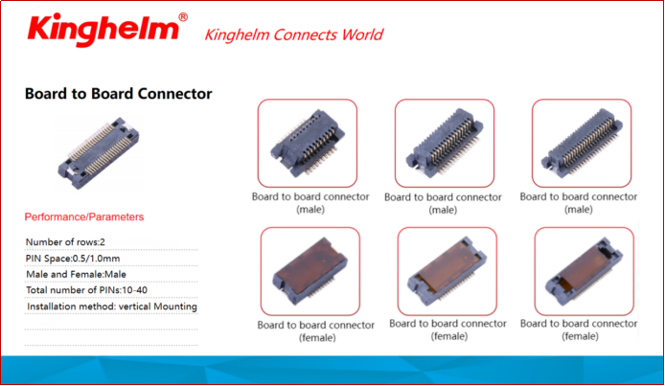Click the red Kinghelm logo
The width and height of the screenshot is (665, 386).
coord(103,30)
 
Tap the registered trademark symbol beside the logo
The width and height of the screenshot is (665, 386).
coord(183,17)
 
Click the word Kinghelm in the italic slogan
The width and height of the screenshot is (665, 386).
coord(237,34)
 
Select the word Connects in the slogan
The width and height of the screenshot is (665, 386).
coord(306,34)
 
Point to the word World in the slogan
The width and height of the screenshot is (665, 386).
coord(362,34)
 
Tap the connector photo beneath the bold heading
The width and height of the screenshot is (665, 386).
coord(99,153)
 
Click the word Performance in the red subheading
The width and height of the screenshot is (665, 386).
coord(54,216)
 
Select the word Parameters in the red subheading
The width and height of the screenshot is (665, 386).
coord(115,216)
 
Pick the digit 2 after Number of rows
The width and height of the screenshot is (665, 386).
coord(103,242)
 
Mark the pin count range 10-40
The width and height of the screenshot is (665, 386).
coord(134,290)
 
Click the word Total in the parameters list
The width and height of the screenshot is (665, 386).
coord(37,290)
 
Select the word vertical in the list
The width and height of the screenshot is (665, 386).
coord(134,307)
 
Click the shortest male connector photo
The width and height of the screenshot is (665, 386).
coord(308,144)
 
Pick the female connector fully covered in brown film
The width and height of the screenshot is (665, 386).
coord(310,271)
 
